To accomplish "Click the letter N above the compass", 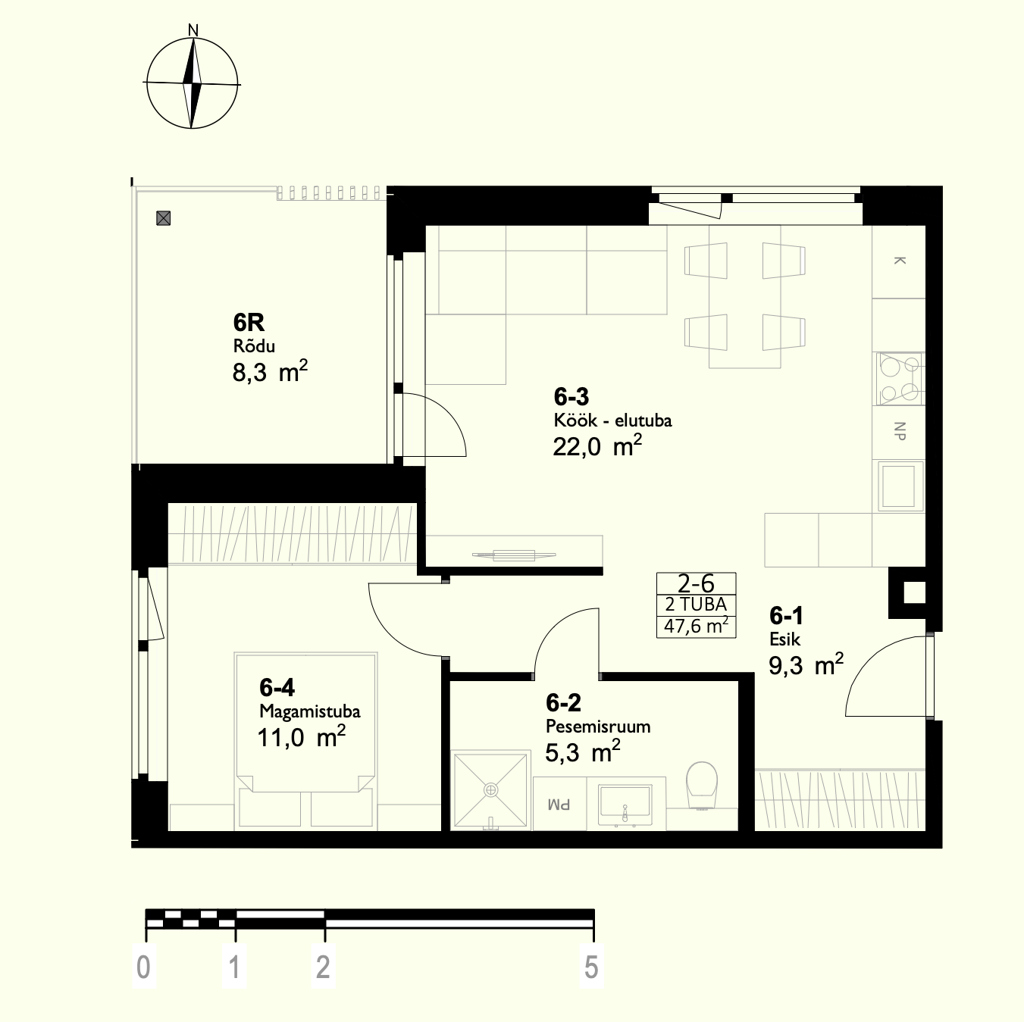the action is point(193,30).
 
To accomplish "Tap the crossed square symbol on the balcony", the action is point(163,217).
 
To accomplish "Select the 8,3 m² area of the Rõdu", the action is point(270,371).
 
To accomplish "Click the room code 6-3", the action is point(571,397).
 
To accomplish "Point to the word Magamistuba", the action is point(310,711).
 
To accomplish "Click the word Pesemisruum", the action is point(598,726).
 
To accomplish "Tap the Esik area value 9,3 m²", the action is point(806,664).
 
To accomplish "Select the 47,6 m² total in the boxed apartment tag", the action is point(696,627).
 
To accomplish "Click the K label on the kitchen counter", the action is point(899,261).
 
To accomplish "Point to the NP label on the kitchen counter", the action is point(899,431).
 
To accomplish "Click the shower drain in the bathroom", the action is point(490,790).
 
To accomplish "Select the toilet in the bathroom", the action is point(701,785).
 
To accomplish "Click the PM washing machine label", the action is point(559,805).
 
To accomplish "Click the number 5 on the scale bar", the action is point(591,967).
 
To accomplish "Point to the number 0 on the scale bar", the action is point(143,967).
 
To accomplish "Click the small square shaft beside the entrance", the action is point(914,592).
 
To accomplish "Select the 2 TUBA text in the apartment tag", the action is point(696,605).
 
